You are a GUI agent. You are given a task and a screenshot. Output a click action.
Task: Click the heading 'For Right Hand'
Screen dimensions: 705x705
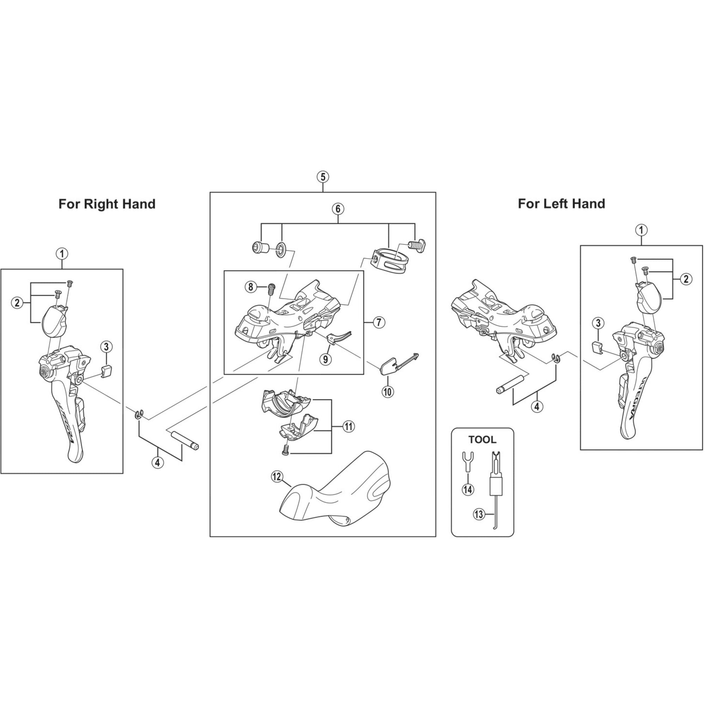[107, 204]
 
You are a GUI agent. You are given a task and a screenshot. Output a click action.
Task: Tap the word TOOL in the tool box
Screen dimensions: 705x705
[483, 440]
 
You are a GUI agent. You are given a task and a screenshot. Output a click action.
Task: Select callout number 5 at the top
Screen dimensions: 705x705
[323, 177]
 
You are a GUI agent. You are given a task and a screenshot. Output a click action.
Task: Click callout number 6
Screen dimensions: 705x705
[338, 209]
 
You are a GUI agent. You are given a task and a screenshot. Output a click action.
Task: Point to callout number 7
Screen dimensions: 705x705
[379, 322]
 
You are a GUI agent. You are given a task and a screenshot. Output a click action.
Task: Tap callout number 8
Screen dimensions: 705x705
[251, 287]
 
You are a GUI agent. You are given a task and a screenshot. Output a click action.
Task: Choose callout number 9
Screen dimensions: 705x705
[325, 359]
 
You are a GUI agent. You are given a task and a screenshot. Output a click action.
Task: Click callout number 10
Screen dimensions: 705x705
[387, 392]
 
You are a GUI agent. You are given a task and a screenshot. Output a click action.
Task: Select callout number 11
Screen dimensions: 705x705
[349, 426]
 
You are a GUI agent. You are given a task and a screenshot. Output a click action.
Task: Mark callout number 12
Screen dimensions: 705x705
[277, 477]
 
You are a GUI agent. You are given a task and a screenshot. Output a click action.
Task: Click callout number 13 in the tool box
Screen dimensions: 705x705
[479, 514]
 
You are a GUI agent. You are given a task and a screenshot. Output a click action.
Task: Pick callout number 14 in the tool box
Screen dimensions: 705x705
[468, 489]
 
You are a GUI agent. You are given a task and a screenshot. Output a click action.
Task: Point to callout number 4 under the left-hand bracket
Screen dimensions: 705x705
[537, 406]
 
